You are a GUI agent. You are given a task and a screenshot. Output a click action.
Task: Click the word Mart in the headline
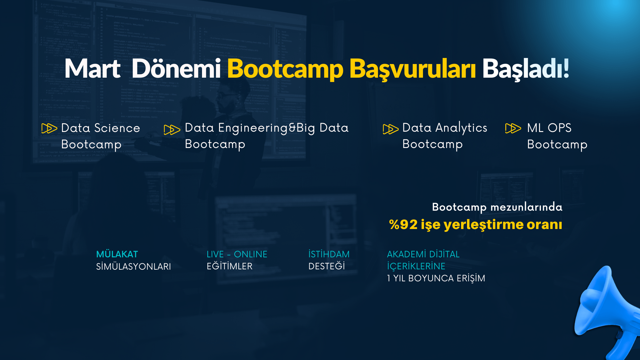click(x=92, y=69)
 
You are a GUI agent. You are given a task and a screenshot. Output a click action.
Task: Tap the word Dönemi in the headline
click(x=176, y=69)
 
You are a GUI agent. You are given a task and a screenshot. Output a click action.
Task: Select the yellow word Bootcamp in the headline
click(x=285, y=69)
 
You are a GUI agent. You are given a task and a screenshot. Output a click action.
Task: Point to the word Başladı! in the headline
click(x=525, y=69)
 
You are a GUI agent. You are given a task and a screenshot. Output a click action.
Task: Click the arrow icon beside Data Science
click(x=49, y=128)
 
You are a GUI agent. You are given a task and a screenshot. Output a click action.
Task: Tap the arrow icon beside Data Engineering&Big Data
click(x=172, y=130)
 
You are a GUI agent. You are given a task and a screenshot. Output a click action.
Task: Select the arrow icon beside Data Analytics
click(x=391, y=129)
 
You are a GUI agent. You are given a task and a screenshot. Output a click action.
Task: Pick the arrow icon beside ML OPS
click(x=513, y=128)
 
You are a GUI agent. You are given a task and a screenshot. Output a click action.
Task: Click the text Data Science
click(x=100, y=128)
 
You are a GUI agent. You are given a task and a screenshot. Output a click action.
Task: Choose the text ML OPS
click(x=549, y=128)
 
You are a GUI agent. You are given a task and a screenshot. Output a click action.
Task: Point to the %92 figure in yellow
click(x=403, y=225)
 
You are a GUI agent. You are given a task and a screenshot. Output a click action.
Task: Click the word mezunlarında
click(x=526, y=207)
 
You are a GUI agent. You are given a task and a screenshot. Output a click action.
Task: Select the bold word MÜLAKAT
click(x=117, y=254)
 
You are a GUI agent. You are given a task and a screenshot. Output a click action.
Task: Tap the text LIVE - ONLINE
click(x=237, y=254)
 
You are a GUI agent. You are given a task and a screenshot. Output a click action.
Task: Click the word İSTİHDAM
click(x=329, y=254)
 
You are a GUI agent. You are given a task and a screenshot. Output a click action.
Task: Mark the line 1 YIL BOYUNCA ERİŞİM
click(x=436, y=278)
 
